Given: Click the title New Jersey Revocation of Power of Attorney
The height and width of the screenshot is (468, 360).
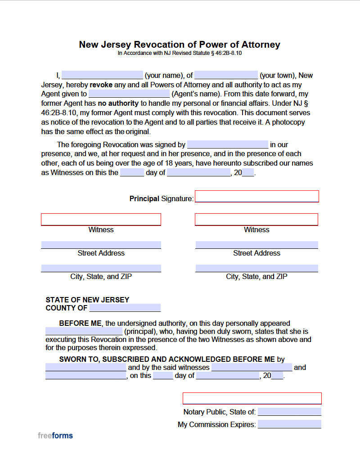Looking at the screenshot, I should tap(180, 45).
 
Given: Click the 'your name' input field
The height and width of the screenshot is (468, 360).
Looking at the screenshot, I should tap(102, 75).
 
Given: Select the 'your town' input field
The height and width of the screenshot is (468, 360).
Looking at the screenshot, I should tap(226, 75).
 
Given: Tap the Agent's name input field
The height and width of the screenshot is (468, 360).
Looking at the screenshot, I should tap(129, 94).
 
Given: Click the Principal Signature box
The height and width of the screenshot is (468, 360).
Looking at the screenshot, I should tap(256, 197).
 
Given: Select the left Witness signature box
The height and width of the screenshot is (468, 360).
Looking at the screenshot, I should tap(101, 219).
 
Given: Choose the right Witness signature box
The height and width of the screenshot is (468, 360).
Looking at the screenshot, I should tap(256, 219).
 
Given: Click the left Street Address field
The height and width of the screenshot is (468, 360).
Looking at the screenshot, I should tap(101, 245).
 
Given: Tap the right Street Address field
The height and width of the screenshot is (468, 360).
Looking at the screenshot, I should tap(256, 245).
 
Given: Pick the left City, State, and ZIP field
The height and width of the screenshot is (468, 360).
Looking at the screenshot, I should tap(101, 268).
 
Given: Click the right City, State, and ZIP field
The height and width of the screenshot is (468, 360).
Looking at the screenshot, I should tap(256, 268).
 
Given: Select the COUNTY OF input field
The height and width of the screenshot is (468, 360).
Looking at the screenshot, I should tap(125, 308).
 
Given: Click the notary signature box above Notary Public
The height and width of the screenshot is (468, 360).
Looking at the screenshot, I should tap(252, 398).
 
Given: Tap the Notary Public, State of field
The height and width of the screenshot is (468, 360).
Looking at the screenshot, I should tap(289, 412).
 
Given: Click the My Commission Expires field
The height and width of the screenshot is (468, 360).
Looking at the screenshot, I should tap(289, 424).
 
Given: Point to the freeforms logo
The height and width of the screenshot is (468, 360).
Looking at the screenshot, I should tap(55, 436).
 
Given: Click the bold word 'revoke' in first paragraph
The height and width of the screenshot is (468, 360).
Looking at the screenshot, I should tap(101, 85).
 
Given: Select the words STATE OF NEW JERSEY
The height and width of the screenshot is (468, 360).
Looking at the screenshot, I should tap(87, 300).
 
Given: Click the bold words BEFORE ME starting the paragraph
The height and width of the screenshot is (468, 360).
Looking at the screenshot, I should tap(81, 323).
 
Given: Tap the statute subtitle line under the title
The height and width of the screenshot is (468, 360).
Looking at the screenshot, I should tap(180, 53).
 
